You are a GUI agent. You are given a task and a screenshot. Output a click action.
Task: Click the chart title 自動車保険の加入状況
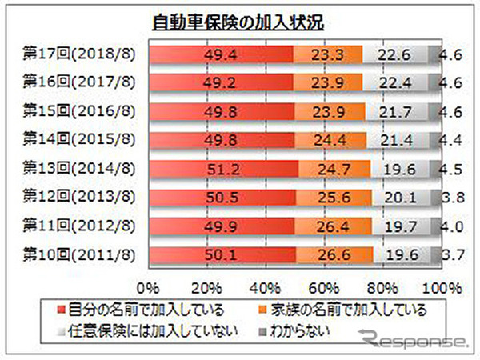pyautogui.click(x=239, y=22)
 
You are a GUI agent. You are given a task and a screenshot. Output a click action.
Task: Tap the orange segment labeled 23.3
pyautogui.click(x=328, y=54)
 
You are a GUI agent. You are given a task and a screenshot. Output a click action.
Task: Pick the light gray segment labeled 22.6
pyautogui.click(x=395, y=54)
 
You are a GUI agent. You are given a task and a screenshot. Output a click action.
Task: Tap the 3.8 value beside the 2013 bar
pyautogui.click(x=451, y=198)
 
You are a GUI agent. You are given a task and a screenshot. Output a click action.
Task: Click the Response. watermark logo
pyautogui.click(x=419, y=342)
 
